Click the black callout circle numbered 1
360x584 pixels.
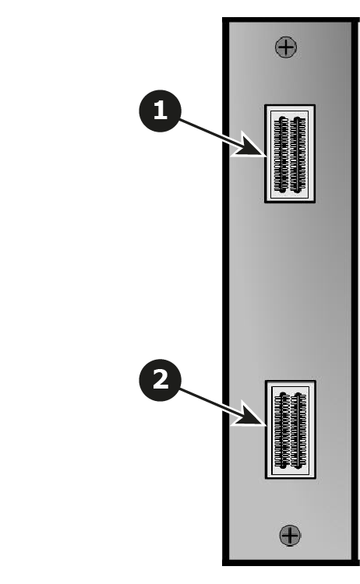[161, 111]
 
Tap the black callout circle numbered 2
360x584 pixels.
[161, 380]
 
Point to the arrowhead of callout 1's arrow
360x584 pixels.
[250, 146]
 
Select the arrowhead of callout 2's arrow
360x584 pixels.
[250, 415]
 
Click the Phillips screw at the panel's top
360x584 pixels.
[286, 47]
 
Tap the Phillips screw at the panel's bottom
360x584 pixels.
[290, 535]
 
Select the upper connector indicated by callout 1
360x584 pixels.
[290, 154]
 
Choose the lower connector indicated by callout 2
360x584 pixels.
[291, 429]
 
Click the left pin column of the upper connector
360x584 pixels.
[282, 155]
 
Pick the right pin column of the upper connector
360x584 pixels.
[298, 155]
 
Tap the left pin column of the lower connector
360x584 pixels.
[282, 430]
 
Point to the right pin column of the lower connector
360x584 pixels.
[298, 430]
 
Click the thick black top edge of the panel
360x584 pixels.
[291, 19]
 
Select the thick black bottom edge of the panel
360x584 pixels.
[291, 562]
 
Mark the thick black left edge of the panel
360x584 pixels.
[225, 291]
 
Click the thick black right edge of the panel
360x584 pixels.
[355, 291]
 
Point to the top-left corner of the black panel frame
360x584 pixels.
[223, 17]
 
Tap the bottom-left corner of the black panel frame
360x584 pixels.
[223, 565]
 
